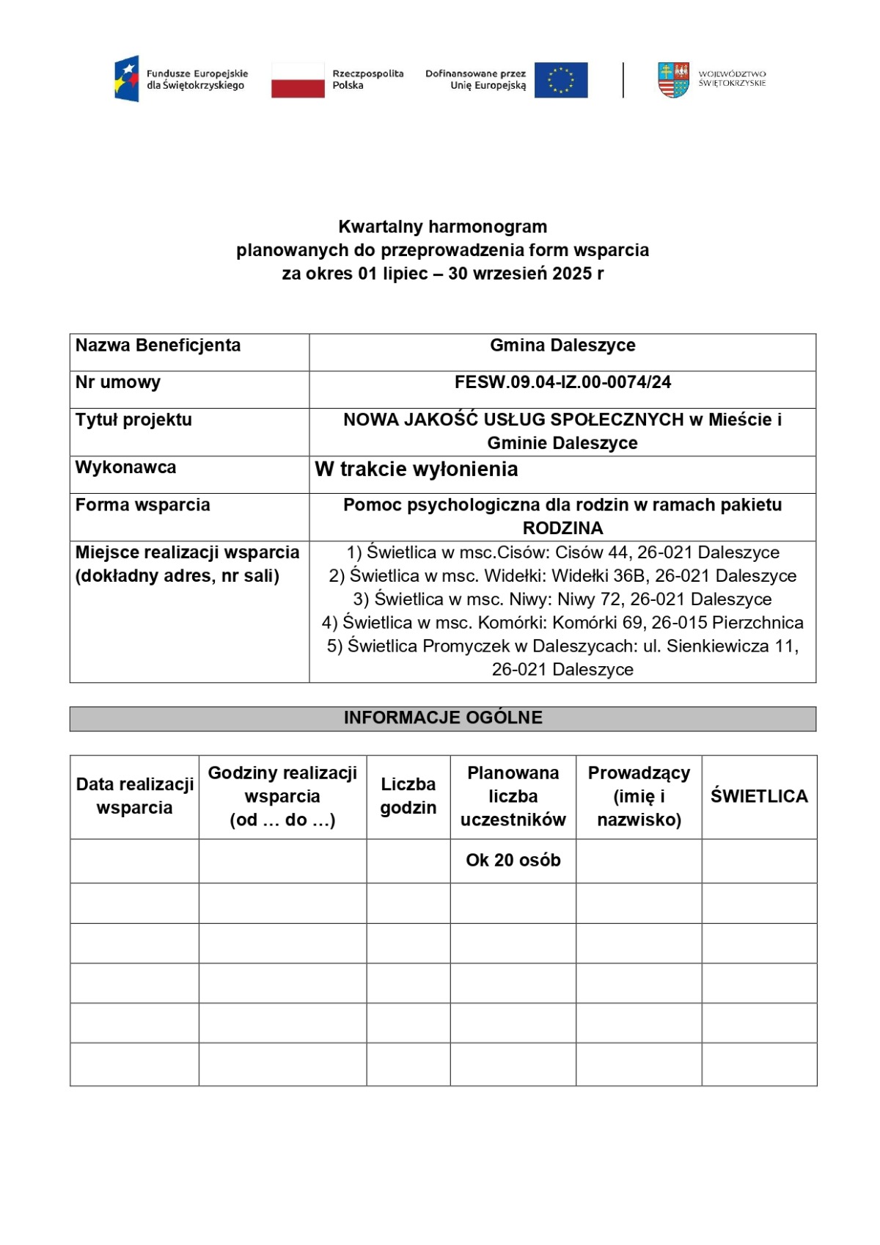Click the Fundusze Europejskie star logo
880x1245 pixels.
pos(127,79)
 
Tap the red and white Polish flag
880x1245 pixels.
pos(298,80)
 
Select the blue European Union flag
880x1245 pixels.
pos(561,80)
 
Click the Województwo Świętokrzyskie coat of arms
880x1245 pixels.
pos(673,80)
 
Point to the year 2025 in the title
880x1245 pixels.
pos(572,274)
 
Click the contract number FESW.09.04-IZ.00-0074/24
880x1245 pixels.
pos(562,382)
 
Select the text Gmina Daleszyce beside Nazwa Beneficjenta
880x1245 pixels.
pos(562,346)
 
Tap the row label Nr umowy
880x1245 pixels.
pos(118,382)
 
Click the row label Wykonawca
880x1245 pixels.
pos(125,467)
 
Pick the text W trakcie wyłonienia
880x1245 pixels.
pos(417,470)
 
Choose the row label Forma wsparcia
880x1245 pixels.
pos(142,505)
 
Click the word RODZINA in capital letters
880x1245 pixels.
pos(562,528)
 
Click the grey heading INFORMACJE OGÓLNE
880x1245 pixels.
pos(443,718)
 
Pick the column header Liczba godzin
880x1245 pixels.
pos(408,796)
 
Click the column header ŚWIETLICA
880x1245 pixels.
pos(759,796)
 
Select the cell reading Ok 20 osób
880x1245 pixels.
pos(513,860)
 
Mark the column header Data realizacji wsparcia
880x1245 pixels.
pos(134,796)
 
